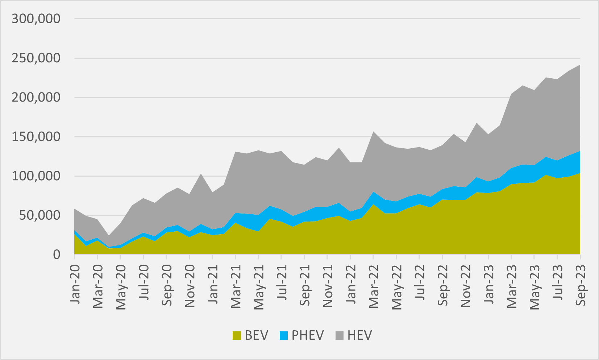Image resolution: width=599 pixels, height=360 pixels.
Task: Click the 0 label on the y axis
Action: click(57, 255)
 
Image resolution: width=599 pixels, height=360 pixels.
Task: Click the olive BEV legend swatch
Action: click(237, 336)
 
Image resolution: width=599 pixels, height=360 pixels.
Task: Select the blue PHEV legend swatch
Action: click(284, 336)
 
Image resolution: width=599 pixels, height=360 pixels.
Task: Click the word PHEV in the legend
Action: click(308, 336)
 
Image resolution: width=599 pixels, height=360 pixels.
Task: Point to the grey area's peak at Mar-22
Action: click(373, 132)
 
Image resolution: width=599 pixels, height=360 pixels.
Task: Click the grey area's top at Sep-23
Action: click(580, 65)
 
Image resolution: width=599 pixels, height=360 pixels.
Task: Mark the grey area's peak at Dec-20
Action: click(201, 174)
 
